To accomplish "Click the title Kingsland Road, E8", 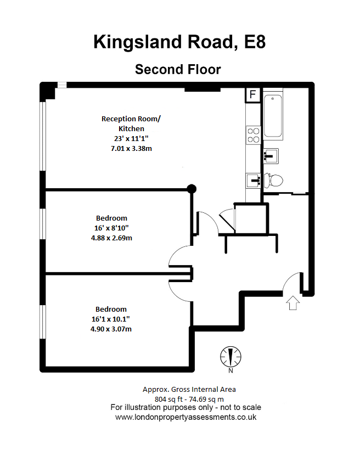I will [179, 42].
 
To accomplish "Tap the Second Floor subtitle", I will [178, 70].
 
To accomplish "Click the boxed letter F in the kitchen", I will [252, 94].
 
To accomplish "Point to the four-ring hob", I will [253, 134].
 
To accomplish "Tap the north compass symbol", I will [230, 357].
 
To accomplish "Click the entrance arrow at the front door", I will [292, 302].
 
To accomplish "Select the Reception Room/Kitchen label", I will [131, 123].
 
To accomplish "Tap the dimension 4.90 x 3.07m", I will [111, 329].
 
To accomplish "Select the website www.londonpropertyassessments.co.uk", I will [185, 417].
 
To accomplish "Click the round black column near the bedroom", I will [192, 189].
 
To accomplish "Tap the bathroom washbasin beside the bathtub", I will [270, 156].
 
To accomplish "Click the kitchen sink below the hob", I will [253, 179].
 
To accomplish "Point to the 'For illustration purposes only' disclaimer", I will [185, 408].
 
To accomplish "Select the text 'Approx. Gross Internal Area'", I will [189, 390].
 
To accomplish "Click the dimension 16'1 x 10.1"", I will [111, 319].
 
